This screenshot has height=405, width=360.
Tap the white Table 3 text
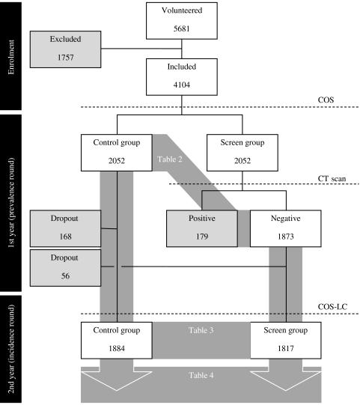tap(201, 329)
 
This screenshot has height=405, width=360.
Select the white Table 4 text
tap(201, 373)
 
